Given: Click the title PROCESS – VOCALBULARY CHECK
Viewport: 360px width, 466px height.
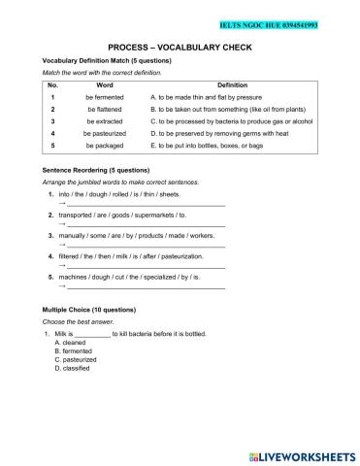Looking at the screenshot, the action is click(180, 46).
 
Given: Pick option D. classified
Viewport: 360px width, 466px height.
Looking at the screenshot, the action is click(76, 369).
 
